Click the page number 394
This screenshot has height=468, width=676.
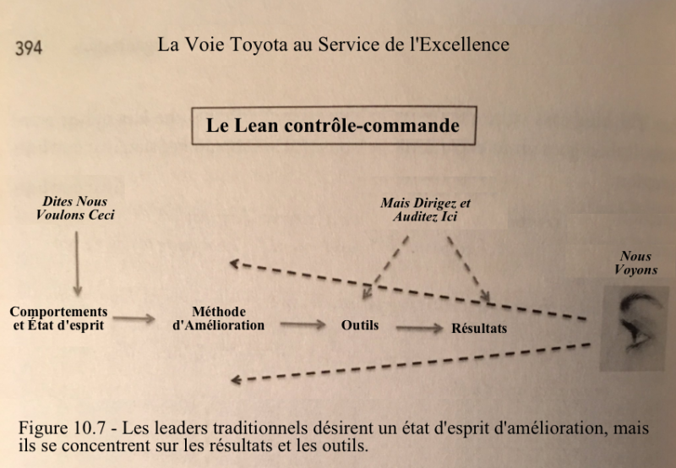point(29,47)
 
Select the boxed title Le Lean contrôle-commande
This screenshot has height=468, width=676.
point(334,125)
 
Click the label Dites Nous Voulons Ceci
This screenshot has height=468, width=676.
point(75,208)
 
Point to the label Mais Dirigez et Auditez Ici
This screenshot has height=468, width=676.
point(425,210)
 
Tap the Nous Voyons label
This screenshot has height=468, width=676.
point(636,263)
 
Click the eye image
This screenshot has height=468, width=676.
point(635,329)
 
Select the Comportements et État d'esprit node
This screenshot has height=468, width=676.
point(58,318)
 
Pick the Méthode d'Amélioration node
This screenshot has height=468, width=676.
point(219,318)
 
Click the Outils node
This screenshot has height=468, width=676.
point(360,325)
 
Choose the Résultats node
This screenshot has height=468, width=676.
point(479,329)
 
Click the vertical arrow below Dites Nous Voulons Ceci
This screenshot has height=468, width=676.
point(77,264)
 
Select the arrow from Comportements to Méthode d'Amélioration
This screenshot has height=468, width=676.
point(134,318)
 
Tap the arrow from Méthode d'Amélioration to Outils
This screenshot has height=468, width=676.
point(303,324)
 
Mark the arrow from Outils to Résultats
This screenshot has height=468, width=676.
point(419,328)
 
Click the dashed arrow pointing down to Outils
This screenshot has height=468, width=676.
point(385,268)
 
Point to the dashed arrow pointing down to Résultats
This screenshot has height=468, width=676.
point(468,268)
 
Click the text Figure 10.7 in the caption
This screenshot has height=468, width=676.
point(62,428)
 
